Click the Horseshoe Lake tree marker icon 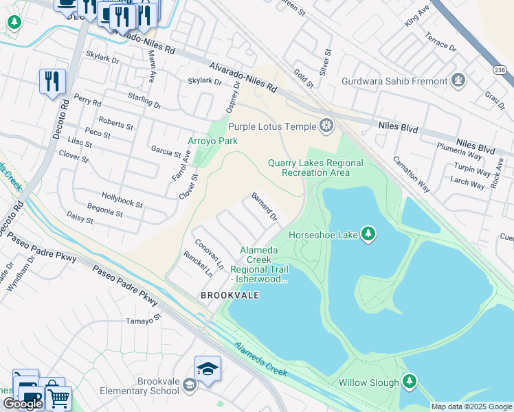[x=369, y=235]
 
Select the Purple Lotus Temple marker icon [x=326, y=126]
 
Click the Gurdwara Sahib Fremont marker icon [x=458, y=81]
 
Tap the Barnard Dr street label [x=265, y=207]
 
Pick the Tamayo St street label [x=143, y=319]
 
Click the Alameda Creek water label [x=260, y=359]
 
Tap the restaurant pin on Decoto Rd [x=52, y=81]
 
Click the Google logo [x=23, y=404]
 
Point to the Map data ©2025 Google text [x=471, y=407]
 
